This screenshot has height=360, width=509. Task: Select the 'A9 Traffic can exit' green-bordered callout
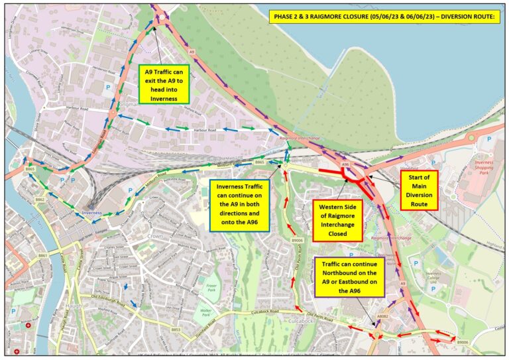pyautogui.click(x=163, y=84)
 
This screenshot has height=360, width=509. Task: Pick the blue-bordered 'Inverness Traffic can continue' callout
pyautogui.click(x=239, y=205)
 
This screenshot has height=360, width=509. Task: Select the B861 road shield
pyautogui.click(x=43, y=255)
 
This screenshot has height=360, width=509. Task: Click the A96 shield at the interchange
pyautogui.click(x=345, y=164)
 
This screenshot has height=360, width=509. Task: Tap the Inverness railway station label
pyautogui.click(x=91, y=213)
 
